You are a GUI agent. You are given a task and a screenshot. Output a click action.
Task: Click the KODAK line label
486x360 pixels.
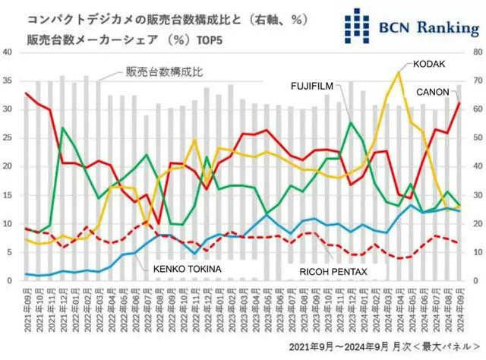(x=429, y=65)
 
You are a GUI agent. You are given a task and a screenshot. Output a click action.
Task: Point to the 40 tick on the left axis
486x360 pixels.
(x=8, y=52)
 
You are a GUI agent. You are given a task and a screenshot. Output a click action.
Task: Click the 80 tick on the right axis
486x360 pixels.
(x=475, y=52)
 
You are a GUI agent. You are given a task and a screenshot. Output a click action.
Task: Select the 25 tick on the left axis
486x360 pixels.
(x=8, y=137)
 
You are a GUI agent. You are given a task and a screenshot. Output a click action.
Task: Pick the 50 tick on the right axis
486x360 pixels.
(x=475, y=137)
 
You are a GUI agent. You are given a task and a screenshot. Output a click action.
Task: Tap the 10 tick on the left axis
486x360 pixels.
(x=8, y=223)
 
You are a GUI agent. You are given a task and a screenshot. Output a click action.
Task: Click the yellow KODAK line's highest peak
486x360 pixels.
(x=399, y=73)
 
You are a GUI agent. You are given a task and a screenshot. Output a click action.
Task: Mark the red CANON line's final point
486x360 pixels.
(x=458, y=103)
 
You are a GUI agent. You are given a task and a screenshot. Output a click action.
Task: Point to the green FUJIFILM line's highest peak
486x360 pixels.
(x=351, y=121)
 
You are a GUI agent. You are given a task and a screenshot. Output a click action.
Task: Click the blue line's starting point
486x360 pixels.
(x=27, y=274)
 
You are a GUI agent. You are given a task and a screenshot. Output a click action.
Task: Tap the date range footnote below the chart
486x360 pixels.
(x=386, y=346)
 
